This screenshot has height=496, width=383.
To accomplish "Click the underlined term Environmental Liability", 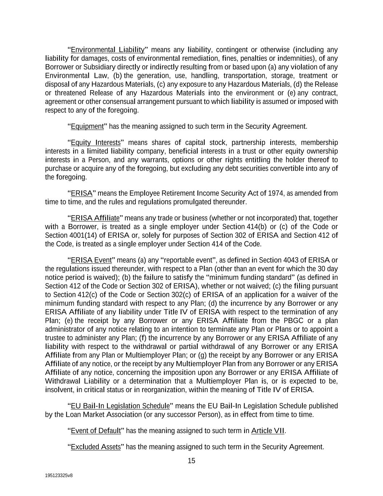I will tap(107, 49).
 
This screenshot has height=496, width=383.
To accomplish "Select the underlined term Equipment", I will tap(87, 126).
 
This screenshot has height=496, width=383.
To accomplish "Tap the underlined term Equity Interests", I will tap(95, 142).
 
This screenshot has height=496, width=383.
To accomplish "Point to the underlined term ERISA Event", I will tap(91, 260).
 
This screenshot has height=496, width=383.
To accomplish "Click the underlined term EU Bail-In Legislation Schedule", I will tap(120, 406).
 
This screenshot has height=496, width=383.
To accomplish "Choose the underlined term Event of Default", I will tap(95, 431).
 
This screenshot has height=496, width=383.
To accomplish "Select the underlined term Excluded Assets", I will tap(95, 447).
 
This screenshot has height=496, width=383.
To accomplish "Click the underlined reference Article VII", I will tap(268, 431).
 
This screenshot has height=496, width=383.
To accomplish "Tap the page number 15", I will tap(191, 461).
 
